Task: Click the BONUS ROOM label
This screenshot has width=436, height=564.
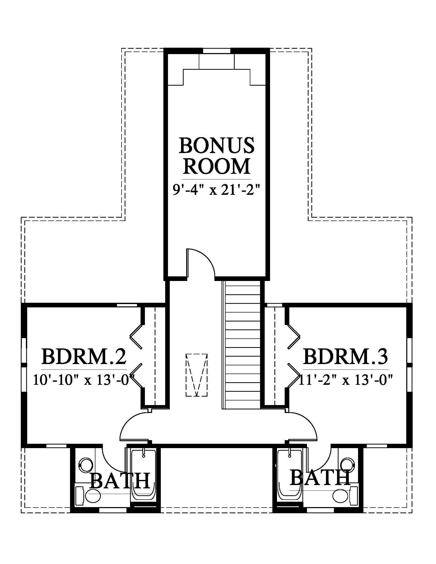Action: click(216, 156)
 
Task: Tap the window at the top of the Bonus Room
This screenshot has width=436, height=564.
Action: click(216, 51)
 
